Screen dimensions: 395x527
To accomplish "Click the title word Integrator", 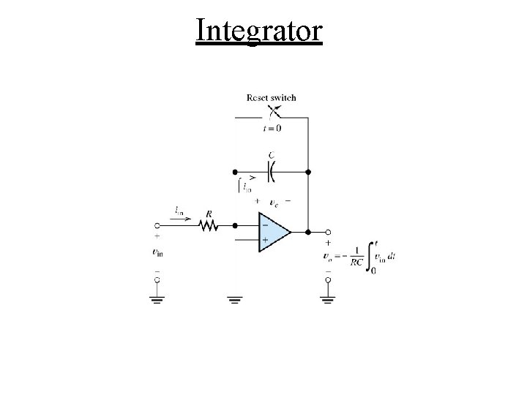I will pos(259,31).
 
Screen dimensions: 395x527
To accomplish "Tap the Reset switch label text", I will pos(272,97).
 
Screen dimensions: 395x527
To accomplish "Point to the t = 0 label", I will pos(272,128).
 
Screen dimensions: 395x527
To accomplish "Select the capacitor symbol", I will pos(272,172).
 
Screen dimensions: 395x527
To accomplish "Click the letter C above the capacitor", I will pos(272,155).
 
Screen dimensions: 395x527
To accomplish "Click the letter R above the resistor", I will pos(209,214).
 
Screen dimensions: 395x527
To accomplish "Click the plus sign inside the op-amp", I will pos(264,240).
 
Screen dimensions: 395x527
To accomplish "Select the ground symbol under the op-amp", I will pos(234,300).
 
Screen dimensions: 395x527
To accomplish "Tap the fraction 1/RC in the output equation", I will pos(356,256).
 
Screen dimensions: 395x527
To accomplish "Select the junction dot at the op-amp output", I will pos(308,233).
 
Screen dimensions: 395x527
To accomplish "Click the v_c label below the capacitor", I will pos(273,202).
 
